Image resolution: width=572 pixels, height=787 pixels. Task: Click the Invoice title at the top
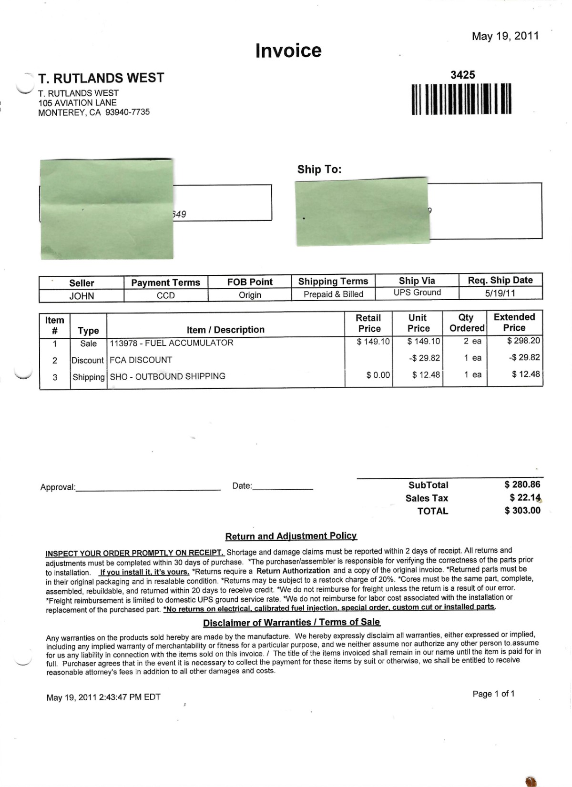click(288, 50)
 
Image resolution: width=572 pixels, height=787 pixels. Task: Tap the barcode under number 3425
click(461, 99)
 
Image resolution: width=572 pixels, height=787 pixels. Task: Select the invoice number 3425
click(462, 75)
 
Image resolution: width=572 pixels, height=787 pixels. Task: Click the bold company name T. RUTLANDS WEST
click(101, 78)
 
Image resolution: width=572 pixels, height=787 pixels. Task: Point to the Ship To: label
click(319, 170)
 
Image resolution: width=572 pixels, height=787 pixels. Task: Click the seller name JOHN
click(82, 296)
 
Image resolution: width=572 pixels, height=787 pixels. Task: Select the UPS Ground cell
click(417, 293)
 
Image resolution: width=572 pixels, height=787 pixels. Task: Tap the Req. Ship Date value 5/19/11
click(500, 293)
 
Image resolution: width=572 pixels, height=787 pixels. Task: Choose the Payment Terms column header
click(165, 283)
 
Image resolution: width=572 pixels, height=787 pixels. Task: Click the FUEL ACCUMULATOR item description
click(172, 343)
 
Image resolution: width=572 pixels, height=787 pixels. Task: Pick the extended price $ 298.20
click(523, 341)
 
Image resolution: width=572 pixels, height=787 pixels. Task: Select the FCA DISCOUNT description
click(141, 360)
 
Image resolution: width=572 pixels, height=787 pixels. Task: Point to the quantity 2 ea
click(472, 341)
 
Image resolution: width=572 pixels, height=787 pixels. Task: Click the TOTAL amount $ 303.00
click(522, 511)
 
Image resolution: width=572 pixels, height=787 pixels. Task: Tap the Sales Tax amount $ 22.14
click(525, 498)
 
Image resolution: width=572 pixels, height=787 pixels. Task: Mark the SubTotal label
click(428, 485)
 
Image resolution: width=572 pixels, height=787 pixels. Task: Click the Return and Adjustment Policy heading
click(291, 536)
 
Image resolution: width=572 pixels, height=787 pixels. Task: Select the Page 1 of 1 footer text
click(493, 694)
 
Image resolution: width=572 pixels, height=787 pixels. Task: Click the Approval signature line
click(148, 488)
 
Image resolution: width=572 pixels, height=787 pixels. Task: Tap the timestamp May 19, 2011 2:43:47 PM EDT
click(103, 697)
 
